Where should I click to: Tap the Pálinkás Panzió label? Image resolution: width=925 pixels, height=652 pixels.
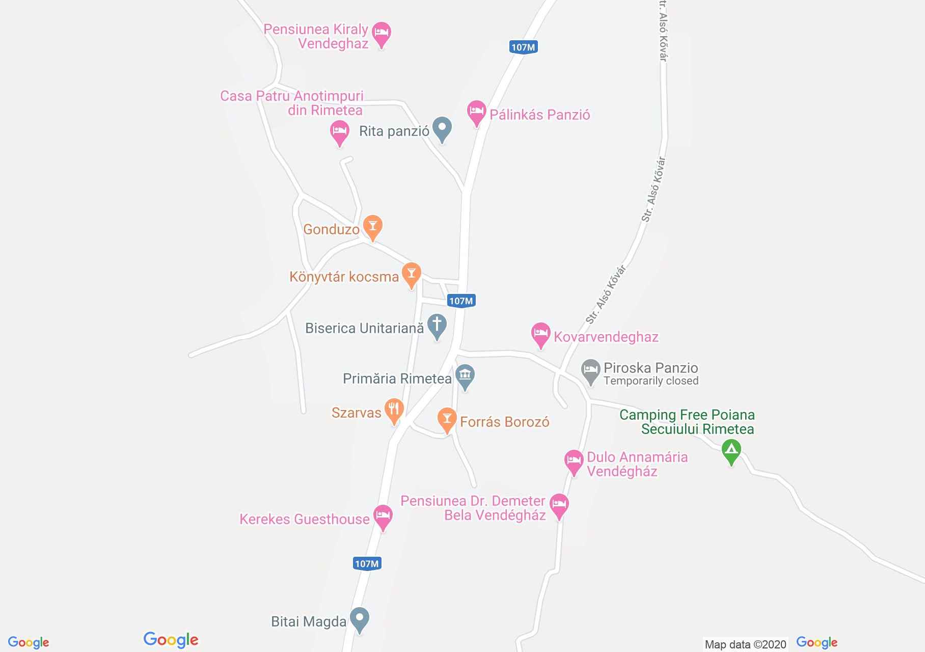point(539,115)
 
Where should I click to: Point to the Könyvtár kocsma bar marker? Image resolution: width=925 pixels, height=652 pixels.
point(411,274)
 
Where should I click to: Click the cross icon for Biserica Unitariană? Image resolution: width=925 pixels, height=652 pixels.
point(437,325)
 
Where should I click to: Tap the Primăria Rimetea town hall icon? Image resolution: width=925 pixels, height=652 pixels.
point(465,376)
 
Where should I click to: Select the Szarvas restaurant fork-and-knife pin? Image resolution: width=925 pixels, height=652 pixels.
point(394,410)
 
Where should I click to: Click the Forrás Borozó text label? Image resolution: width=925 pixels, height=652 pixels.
point(504,422)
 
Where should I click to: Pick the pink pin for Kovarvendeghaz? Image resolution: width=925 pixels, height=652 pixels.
point(540,334)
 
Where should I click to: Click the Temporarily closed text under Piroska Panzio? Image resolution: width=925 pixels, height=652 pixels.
point(650,381)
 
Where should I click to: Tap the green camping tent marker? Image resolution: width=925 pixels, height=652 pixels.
point(731,450)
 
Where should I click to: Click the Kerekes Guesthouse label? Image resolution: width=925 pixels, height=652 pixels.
point(305,519)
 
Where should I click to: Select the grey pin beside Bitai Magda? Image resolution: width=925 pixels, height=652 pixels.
point(360,619)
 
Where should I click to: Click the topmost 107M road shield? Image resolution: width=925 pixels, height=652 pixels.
point(524,47)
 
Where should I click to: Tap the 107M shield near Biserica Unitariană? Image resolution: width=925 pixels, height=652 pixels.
point(461,301)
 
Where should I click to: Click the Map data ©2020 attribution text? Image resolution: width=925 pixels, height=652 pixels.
point(745,644)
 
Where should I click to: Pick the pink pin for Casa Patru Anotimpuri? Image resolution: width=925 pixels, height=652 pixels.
point(339,132)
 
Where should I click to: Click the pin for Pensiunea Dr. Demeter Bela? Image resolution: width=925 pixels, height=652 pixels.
point(559,505)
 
